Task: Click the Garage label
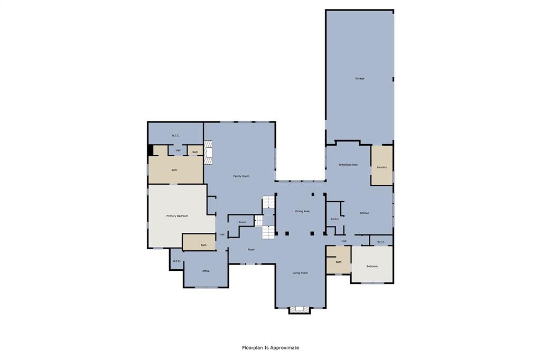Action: [359, 79]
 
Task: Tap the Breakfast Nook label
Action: [348, 165]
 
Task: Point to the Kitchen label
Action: [365, 213]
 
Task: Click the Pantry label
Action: [334, 219]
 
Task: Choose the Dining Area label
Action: [302, 211]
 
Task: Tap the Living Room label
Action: [300, 273]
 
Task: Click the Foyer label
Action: [251, 249]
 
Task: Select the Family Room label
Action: [241, 176]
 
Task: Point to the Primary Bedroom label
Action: [177, 216]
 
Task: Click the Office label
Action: [206, 271]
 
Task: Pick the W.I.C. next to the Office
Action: [176, 261]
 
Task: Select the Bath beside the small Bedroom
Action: [338, 262]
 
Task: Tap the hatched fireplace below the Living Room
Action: [300, 310]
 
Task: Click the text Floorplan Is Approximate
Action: [270, 348]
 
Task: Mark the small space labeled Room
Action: [242, 222]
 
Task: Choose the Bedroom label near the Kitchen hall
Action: [372, 266]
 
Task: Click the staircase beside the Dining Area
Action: [269, 216]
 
